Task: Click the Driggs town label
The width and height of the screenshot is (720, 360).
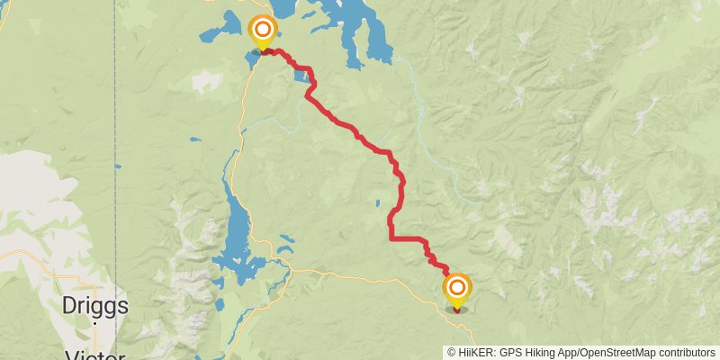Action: click(94, 306)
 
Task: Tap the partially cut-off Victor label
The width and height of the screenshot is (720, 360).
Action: click(94, 355)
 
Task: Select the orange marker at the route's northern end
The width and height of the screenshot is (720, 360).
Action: click(263, 30)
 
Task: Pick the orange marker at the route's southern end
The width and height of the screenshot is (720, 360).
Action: click(457, 288)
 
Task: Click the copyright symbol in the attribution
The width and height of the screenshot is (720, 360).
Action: click(452, 352)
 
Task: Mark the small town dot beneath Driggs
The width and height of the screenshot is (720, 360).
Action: click(94, 322)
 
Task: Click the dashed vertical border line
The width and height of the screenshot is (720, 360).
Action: click(115, 135)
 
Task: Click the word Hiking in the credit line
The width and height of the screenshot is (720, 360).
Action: click(547, 352)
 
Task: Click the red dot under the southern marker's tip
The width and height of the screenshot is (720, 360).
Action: click(457, 310)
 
